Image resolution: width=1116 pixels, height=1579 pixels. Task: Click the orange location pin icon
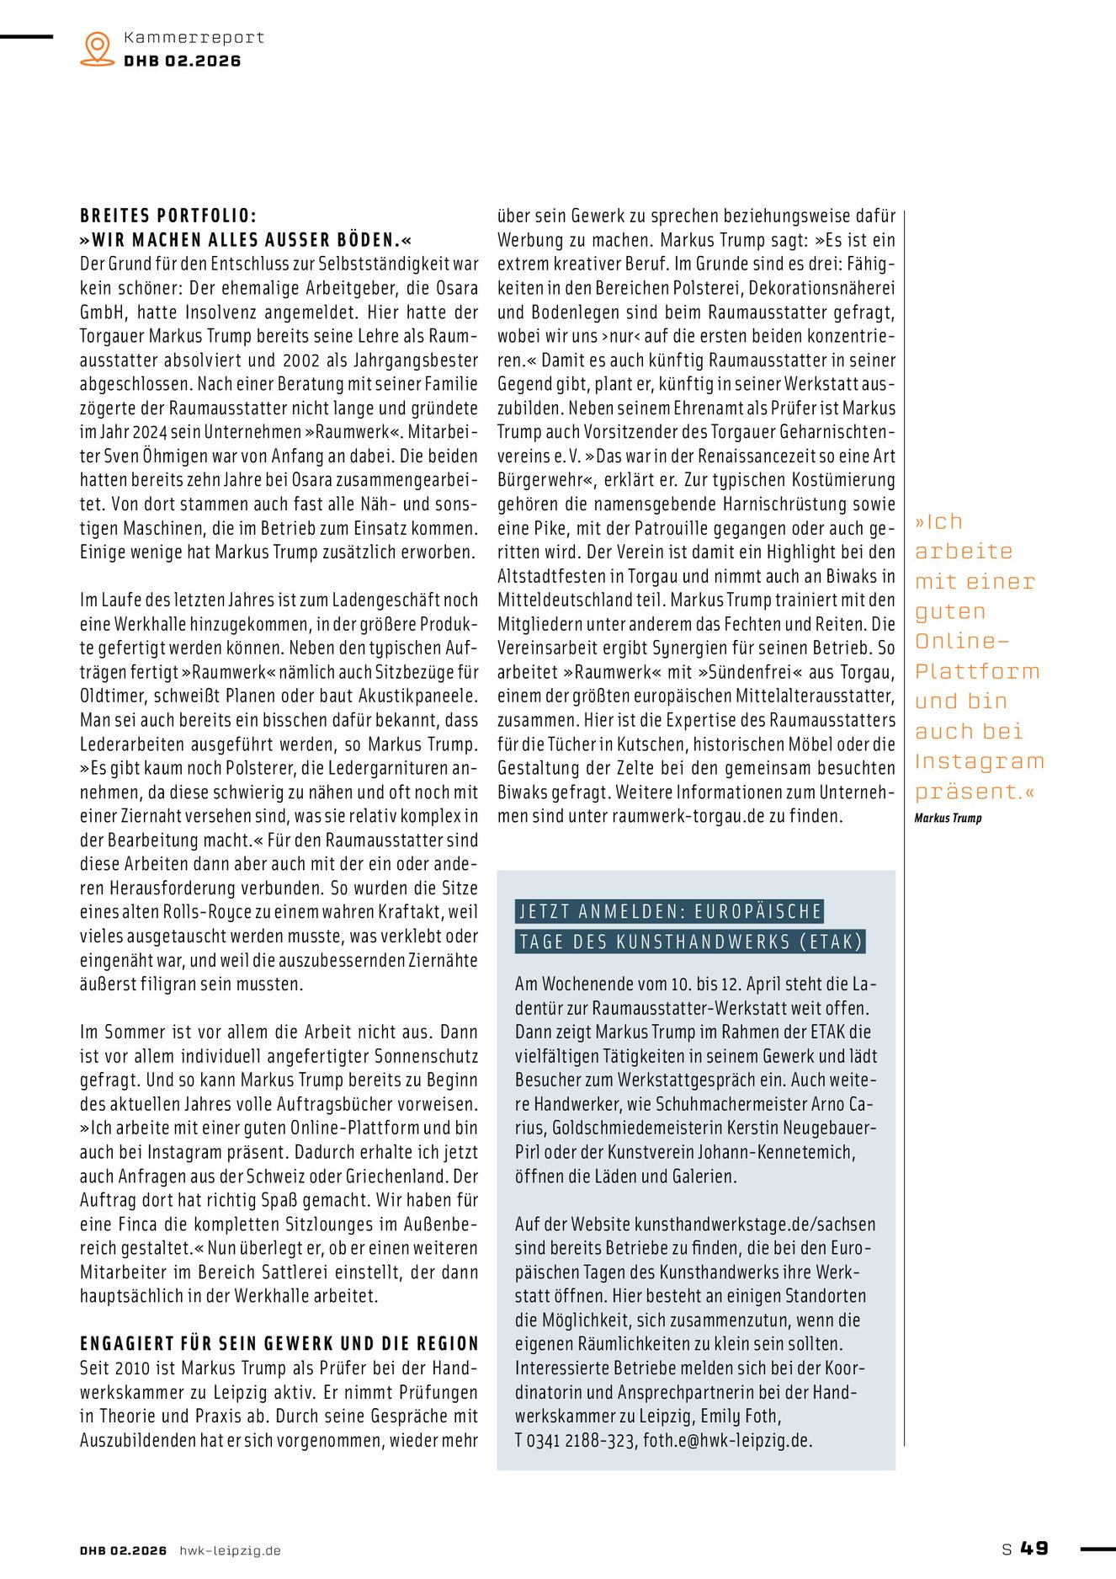pos(98,48)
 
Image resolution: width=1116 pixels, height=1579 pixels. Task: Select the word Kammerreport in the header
pos(194,38)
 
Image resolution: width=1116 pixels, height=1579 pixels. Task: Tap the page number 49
pos(1034,1548)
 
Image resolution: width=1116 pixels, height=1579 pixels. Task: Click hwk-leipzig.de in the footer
pos(230,1550)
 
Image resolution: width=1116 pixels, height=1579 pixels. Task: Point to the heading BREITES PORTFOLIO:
pos(168,216)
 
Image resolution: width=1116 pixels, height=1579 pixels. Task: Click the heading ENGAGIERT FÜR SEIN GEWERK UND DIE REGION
pos(279,1344)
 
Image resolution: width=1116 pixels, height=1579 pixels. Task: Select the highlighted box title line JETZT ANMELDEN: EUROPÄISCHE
pos(670,911)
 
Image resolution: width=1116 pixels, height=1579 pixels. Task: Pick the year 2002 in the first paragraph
pos(301,360)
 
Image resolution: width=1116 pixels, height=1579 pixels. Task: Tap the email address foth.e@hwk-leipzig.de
pos(727,1441)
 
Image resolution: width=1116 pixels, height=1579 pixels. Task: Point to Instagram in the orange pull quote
pos(979,761)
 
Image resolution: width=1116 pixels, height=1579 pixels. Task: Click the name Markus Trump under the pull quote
pos(948,818)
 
